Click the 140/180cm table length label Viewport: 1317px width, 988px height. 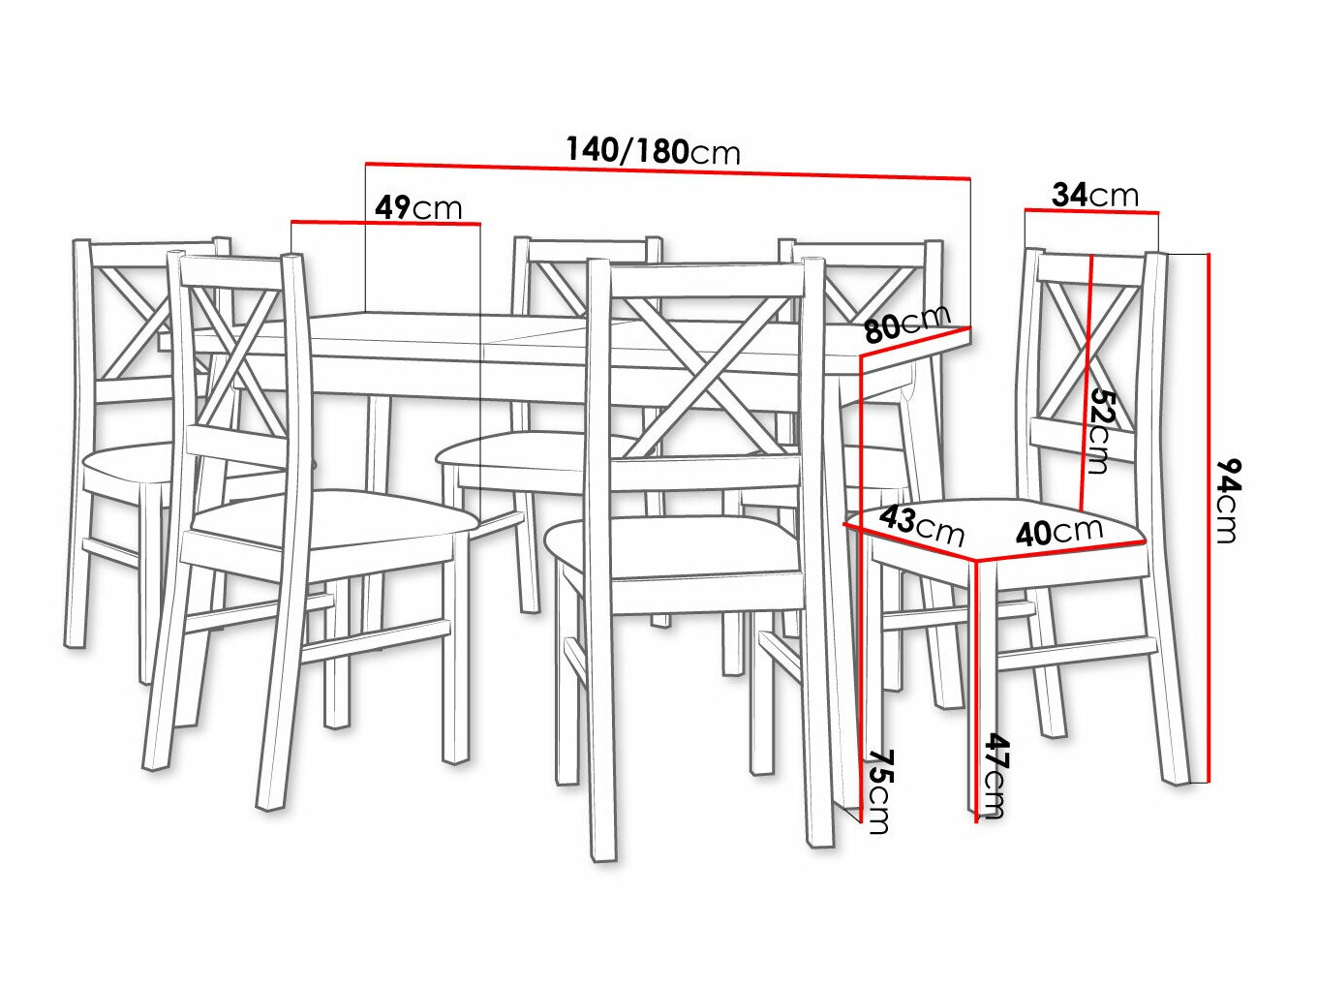(x=653, y=150)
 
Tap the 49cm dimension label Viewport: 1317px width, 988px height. (x=418, y=207)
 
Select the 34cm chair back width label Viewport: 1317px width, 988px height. (x=1095, y=195)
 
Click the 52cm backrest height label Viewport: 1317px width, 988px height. (x=1100, y=430)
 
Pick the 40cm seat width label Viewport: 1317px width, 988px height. (x=1059, y=531)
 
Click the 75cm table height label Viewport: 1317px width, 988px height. (x=877, y=789)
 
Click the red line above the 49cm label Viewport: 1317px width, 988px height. (x=385, y=223)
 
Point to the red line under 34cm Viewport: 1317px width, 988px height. (x=1091, y=209)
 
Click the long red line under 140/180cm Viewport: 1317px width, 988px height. (x=668, y=170)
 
